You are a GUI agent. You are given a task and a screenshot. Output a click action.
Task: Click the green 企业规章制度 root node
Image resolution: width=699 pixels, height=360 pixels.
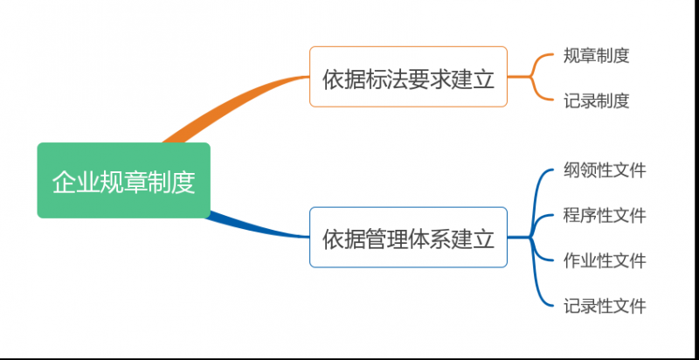click(123, 181)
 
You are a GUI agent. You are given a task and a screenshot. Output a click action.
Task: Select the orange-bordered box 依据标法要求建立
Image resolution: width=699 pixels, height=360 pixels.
click(408, 77)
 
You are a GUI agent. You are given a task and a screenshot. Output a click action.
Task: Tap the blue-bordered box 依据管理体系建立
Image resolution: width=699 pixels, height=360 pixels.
click(408, 237)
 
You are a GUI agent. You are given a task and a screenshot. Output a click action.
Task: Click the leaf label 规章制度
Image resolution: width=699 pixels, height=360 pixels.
click(597, 56)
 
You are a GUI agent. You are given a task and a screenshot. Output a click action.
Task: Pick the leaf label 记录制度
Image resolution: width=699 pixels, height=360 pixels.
click(597, 100)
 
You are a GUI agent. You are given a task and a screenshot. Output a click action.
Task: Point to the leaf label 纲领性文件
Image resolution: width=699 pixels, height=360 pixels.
click(605, 170)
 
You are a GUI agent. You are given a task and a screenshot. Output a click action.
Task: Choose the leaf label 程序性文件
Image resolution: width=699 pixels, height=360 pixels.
click(605, 215)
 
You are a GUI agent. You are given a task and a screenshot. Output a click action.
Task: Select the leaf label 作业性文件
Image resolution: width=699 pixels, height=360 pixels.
click(605, 260)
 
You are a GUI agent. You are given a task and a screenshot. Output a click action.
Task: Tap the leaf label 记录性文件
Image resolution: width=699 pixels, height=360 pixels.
click(605, 306)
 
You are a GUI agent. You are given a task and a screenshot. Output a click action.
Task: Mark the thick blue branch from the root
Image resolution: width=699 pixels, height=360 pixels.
click(253, 227)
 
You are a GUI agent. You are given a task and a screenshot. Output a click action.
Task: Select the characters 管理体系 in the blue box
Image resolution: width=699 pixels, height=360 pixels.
click(408, 238)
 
